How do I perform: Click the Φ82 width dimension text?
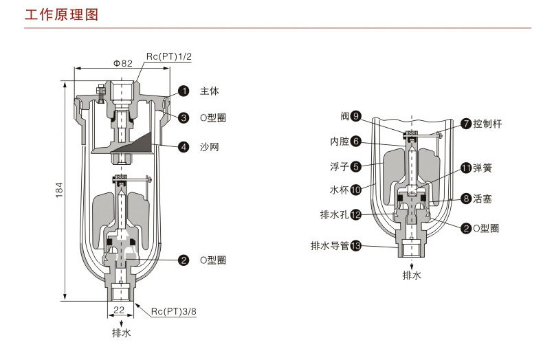tap(122, 63)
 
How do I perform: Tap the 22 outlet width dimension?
tap(118, 310)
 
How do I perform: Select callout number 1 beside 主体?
tap(184, 91)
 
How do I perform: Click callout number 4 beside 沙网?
tap(184, 146)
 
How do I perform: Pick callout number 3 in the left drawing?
tap(184, 118)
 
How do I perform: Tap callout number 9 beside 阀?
tap(355, 116)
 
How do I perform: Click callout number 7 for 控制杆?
tap(466, 124)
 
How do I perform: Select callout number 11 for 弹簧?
tap(466, 168)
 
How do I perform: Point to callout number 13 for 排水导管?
tap(355, 245)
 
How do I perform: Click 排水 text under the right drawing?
tap(412, 275)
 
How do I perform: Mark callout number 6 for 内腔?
tap(355, 142)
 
